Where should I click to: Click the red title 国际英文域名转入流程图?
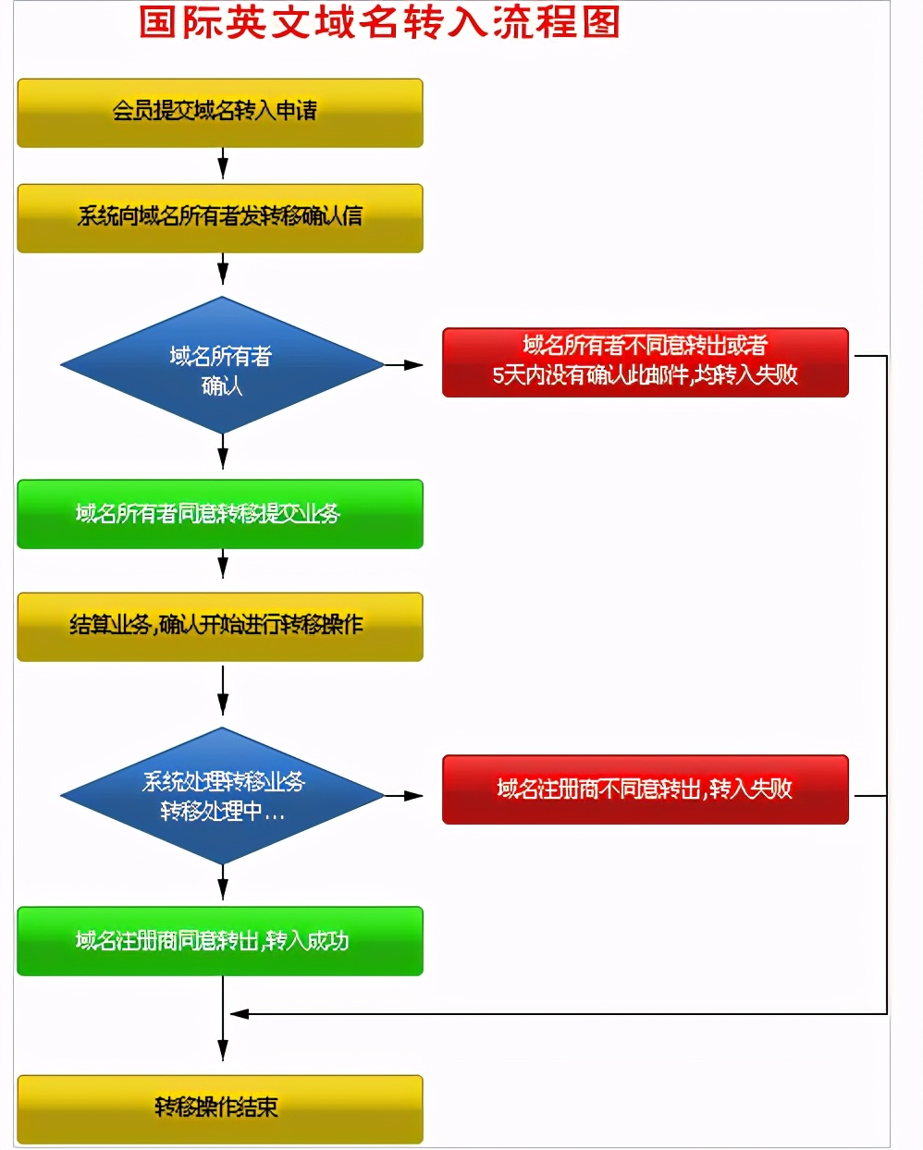click(x=379, y=22)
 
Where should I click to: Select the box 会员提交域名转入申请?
click(x=220, y=113)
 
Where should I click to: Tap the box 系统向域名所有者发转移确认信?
click(x=220, y=218)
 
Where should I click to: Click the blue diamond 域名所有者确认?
click(x=222, y=366)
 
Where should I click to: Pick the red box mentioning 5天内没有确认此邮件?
click(x=645, y=362)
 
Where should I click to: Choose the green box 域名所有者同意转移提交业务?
click(x=220, y=514)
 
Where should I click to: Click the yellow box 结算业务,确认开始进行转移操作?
click(x=220, y=627)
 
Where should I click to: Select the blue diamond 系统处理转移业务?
click(x=222, y=796)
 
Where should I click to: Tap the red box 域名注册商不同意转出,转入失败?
click(x=645, y=789)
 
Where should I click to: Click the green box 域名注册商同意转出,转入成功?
click(x=220, y=941)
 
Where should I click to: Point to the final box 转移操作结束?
click(x=220, y=1108)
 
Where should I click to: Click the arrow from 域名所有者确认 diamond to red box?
click(x=404, y=365)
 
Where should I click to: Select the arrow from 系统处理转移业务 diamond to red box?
click(x=404, y=795)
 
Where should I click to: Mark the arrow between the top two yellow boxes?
click(x=223, y=165)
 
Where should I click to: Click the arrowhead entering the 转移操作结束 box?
click(x=223, y=1050)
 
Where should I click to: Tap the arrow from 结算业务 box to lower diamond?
click(x=223, y=691)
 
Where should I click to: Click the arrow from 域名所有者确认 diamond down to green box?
click(x=223, y=455)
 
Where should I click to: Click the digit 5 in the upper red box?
click(x=498, y=375)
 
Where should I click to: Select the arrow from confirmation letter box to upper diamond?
click(x=223, y=271)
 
